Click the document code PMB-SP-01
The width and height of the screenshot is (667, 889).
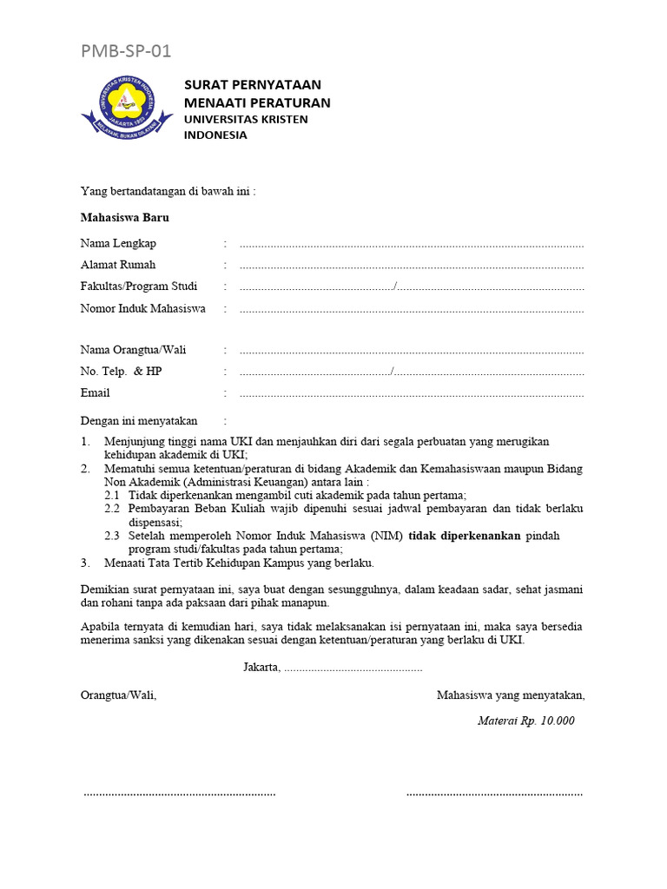click(126, 51)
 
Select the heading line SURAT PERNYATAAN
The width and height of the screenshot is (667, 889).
click(252, 85)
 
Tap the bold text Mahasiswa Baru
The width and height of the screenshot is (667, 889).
click(125, 218)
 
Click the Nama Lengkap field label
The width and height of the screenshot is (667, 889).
click(118, 244)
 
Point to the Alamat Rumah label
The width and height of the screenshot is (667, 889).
click(118, 265)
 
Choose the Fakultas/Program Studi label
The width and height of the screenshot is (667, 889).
click(139, 286)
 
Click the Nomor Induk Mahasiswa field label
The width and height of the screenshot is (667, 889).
click(143, 308)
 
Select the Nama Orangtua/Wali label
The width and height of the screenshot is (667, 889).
click(133, 350)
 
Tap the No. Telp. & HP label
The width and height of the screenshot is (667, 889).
click(121, 372)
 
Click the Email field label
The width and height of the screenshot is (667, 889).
click(96, 393)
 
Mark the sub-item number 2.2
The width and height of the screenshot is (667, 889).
click(112, 509)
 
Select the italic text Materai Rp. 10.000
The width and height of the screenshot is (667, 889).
click(526, 721)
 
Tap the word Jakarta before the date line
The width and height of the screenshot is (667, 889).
click(261, 667)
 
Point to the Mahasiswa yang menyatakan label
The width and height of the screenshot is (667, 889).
click(511, 695)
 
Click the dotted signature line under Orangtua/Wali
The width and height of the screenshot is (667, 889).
click(179, 794)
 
